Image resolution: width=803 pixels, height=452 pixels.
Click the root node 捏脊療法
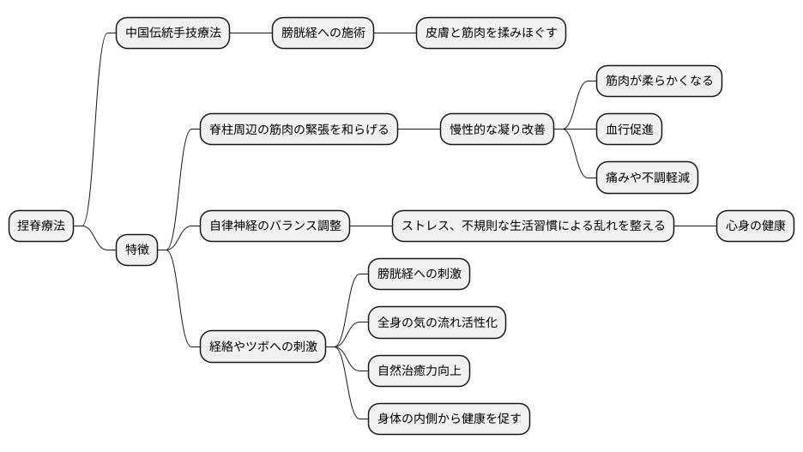point(41,226)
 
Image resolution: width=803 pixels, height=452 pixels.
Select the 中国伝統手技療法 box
point(172,33)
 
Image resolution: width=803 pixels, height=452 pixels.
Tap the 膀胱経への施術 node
point(323,33)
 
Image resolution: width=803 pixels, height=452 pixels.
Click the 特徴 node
point(137,250)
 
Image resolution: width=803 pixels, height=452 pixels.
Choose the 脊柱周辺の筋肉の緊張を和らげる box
point(299,130)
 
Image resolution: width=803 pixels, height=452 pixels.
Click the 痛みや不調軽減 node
point(647,178)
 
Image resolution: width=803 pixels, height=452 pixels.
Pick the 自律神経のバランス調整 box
point(275,226)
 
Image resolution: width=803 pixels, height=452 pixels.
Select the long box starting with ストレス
point(533,226)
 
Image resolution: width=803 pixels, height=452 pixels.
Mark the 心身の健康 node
point(755,226)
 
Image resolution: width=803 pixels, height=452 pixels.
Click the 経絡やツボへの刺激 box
point(263,347)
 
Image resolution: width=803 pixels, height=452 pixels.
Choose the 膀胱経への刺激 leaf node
point(419,274)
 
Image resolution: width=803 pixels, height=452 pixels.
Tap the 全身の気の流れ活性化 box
point(437,323)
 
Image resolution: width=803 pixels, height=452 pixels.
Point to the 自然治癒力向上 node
point(419,371)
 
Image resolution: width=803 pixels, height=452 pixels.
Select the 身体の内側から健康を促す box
point(449,419)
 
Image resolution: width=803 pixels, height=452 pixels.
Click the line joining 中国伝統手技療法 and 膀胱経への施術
point(251,33)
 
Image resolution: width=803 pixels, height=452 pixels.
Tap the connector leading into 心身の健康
point(695,226)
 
